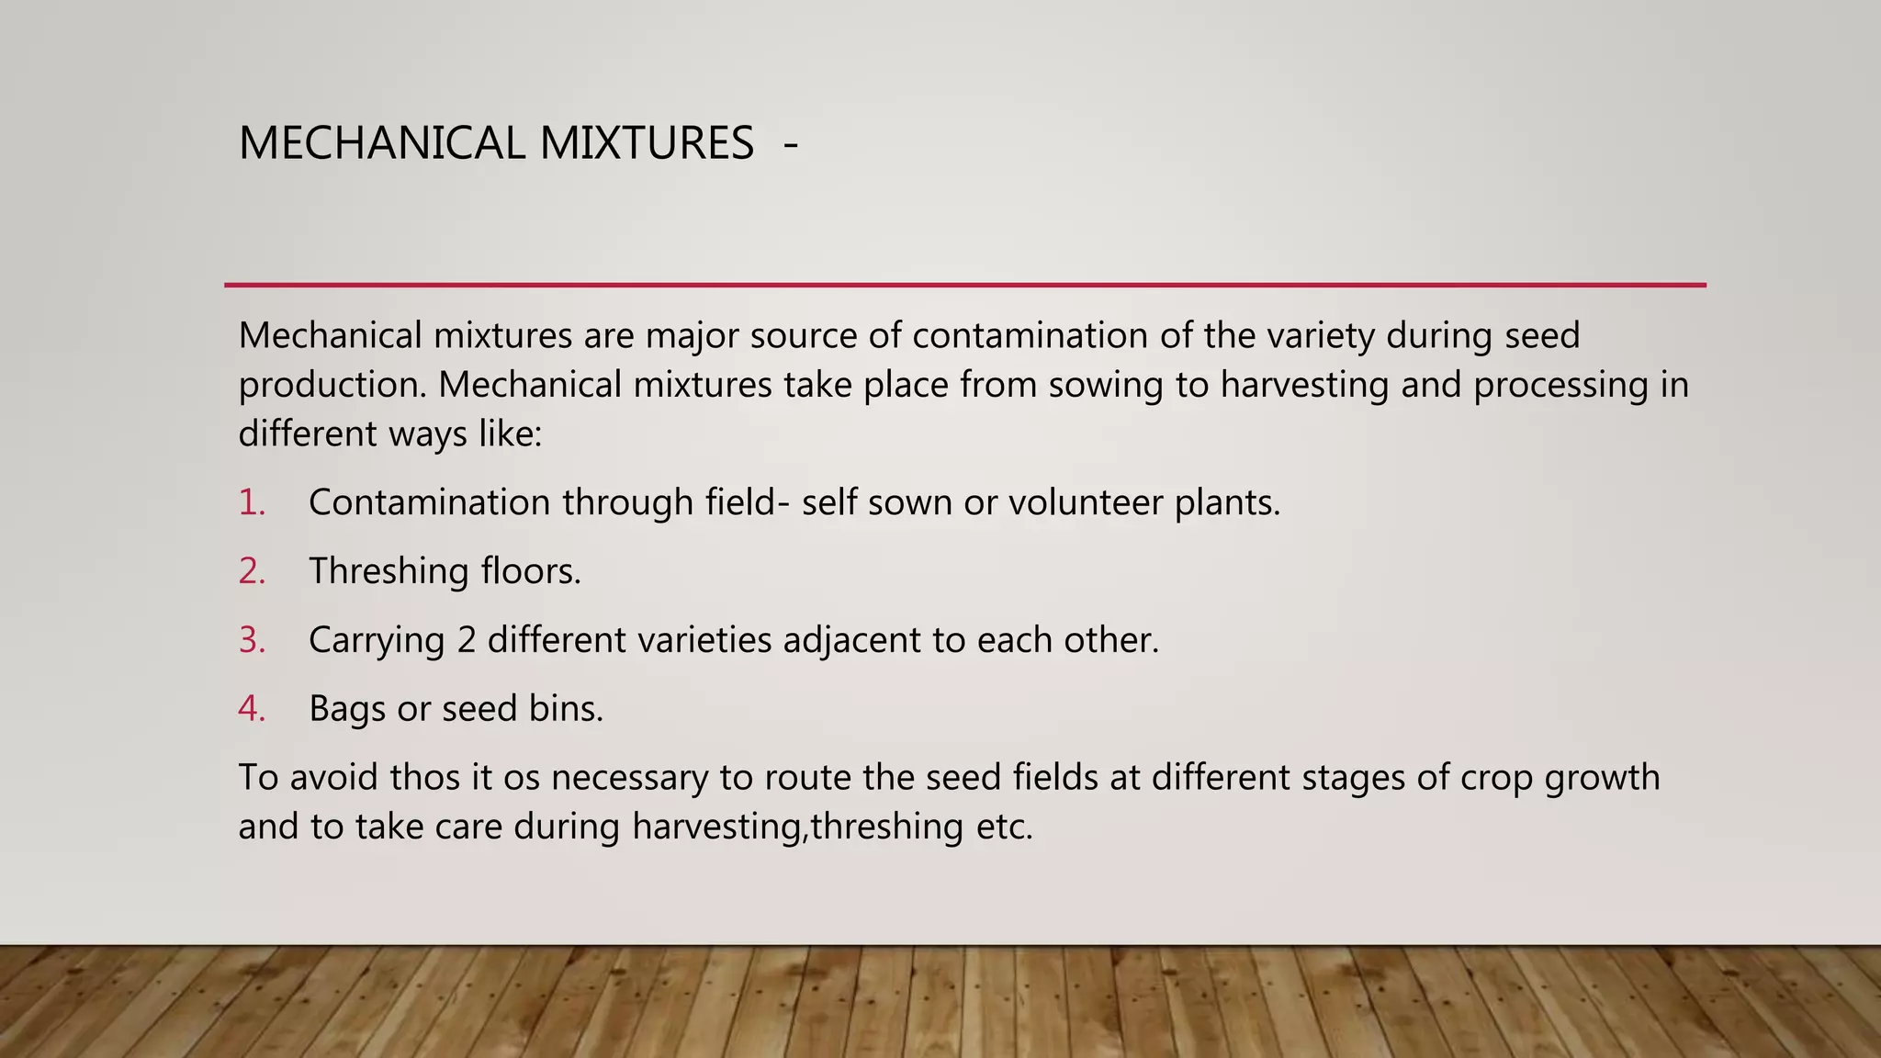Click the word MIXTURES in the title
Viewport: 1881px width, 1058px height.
[647, 143]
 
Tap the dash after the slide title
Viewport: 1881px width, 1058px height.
[791, 144]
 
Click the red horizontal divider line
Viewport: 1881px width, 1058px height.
[964, 286]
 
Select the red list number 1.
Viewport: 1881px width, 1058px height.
[251, 502]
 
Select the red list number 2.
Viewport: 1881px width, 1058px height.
[251, 571]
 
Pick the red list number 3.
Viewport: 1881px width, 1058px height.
[251, 640]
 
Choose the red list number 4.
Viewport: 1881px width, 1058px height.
[251, 709]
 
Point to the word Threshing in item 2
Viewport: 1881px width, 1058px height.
[389, 571]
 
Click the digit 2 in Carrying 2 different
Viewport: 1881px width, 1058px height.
[466, 640]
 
